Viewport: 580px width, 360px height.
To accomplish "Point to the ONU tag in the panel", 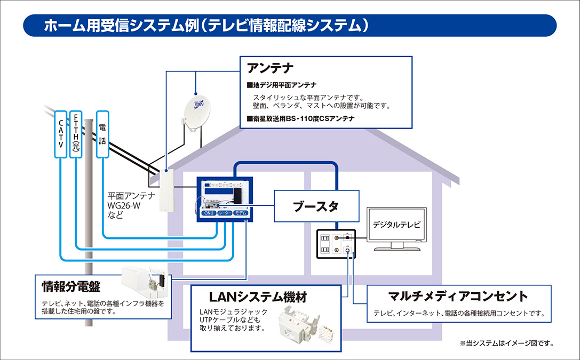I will (x=208, y=213).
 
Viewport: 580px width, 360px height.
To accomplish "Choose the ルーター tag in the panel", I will (x=224, y=213).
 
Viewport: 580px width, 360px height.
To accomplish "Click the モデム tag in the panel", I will (x=241, y=213).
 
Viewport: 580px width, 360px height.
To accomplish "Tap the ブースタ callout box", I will (x=315, y=206).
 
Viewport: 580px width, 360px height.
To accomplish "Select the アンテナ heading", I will (x=271, y=68).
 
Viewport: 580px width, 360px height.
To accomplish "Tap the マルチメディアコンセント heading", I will (x=458, y=295).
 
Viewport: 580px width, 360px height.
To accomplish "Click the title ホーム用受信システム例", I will (x=207, y=25).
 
